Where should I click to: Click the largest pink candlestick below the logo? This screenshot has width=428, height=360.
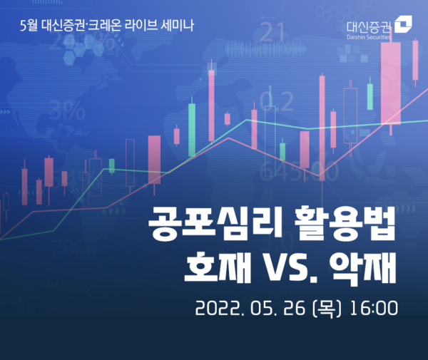(x=391, y=83)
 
